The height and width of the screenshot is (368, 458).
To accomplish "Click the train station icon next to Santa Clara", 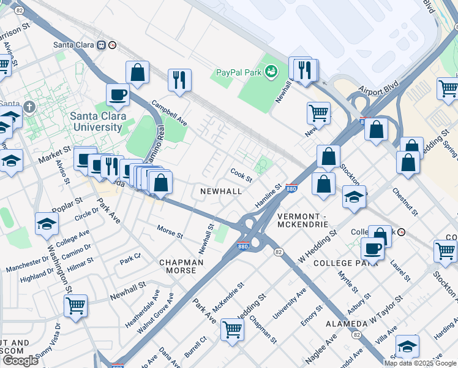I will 113,45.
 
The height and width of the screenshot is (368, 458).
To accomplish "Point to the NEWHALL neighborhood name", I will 221,191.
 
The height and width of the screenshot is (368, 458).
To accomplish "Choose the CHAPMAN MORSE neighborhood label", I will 181,267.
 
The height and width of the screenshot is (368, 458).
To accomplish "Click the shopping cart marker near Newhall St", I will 75,305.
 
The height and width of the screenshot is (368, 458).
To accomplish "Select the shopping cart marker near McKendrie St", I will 232,329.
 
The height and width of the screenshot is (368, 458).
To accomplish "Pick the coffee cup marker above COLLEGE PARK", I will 372,249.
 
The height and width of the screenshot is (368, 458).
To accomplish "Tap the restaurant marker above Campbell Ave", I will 179,80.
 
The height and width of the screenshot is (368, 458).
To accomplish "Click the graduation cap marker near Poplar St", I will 47,224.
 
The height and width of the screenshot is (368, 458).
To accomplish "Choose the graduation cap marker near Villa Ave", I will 407,347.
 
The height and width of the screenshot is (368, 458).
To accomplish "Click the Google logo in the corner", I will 20,361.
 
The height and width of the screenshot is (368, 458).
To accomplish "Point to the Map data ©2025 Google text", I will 420,362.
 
